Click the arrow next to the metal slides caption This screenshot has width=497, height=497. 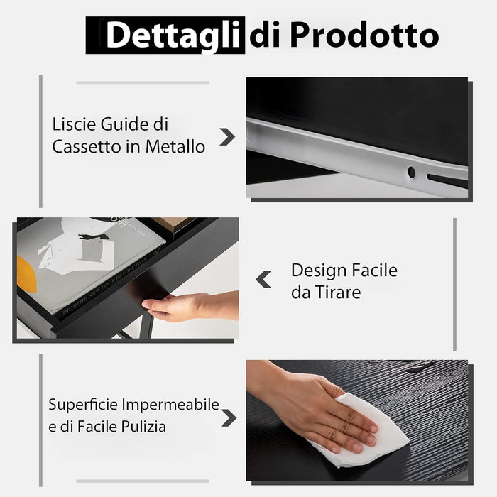click(227, 137)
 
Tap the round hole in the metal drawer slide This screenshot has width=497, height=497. click(411, 172)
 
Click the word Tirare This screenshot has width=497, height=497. click(337, 293)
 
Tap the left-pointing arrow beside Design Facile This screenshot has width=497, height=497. click(263, 280)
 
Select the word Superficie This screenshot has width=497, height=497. click(82, 405)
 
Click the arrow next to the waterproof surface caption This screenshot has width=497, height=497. click(228, 417)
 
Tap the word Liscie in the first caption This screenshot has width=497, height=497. click(72, 124)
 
